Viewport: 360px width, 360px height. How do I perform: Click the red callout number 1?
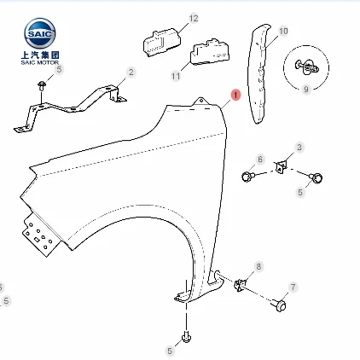point(235,95)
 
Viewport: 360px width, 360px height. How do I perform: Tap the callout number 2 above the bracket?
point(131,72)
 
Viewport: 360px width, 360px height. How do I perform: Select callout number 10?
point(283,31)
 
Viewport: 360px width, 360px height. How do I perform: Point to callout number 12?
point(194,18)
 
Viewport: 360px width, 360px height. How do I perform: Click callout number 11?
point(176,76)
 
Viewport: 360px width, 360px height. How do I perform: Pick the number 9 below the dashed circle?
point(306,89)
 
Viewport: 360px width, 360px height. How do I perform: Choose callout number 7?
point(293,287)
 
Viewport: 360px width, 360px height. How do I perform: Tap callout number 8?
point(258,266)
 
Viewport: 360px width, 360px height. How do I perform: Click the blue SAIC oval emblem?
point(40,33)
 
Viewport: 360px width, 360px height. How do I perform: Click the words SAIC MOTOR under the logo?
point(40,62)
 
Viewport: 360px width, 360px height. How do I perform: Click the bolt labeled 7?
point(279,305)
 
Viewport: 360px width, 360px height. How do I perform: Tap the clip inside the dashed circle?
point(307,67)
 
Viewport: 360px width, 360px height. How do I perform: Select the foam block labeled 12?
point(162,42)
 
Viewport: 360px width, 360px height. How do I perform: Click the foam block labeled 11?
point(210,53)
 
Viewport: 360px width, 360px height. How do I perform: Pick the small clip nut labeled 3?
point(280,166)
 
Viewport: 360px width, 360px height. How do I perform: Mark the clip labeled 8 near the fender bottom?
point(240,285)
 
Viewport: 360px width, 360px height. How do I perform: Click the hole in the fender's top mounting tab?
point(201,101)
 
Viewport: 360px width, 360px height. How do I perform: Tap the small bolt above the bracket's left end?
point(42,85)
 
